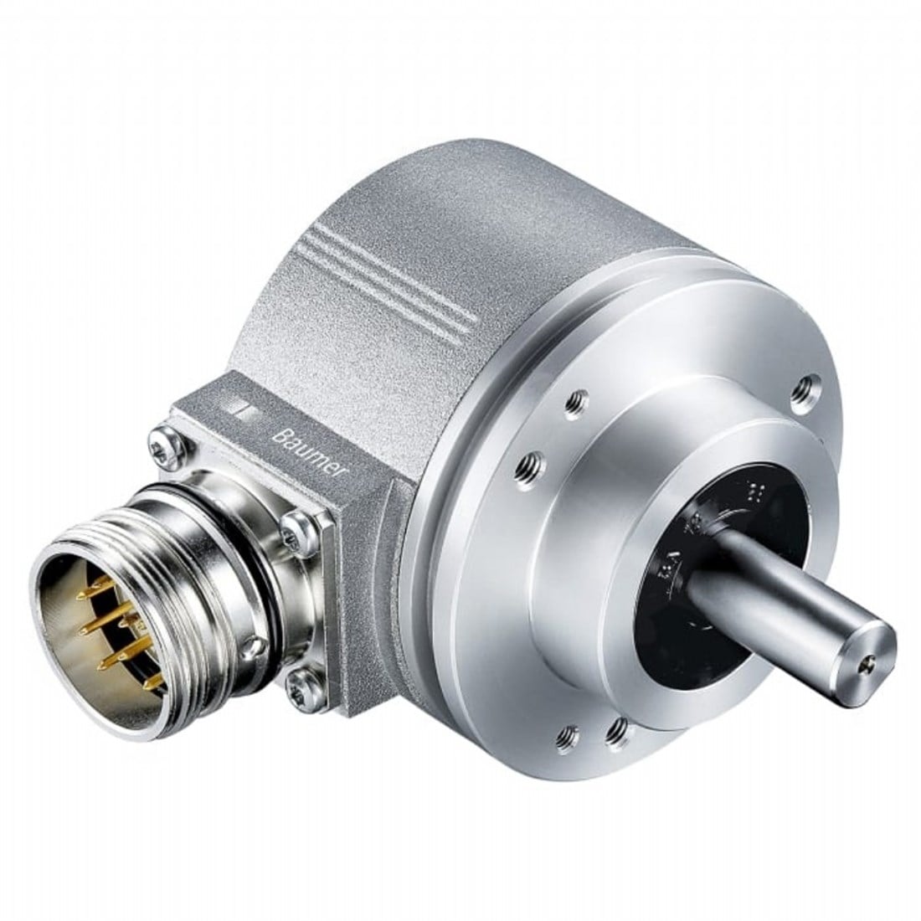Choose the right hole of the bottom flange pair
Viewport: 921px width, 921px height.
tap(617, 729)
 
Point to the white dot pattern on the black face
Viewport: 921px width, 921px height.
tap(759, 491)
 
